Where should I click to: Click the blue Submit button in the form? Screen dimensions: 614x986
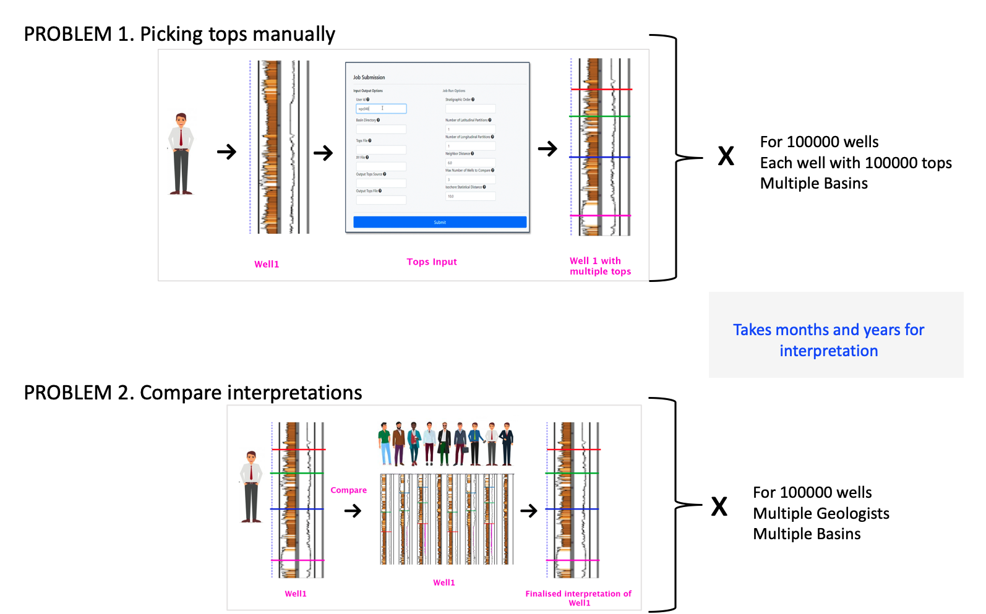click(x=440, y=222)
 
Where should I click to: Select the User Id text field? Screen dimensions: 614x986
click(x=381, y=109)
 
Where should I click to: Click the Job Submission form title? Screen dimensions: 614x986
click(x=369, y=77)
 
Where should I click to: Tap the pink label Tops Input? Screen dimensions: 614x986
click(x=432, y=262)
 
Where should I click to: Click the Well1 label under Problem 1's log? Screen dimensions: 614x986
click(x=267, y=264)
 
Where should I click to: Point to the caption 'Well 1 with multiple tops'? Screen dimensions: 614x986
click(x=600, y=266)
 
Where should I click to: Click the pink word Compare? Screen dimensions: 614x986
click(x=348, y=490)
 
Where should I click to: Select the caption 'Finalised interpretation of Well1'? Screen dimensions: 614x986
click(x=578, y=598)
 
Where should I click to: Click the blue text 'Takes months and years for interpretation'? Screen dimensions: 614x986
click(x=828, y=340)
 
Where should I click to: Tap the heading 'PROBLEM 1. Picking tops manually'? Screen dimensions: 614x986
click(x=179, y=34)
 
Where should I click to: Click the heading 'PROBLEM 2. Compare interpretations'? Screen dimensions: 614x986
click(x=193, y=393)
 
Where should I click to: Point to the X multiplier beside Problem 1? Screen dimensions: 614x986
click(x=726, y=156)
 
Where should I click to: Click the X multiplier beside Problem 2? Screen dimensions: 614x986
click(x=719, y=507)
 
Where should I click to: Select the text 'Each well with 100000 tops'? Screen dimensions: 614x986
click(x=855, y=163)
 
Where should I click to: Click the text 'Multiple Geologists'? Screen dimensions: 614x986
click(x=821, y=513)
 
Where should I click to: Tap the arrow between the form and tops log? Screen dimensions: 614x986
click(x=547, y=148)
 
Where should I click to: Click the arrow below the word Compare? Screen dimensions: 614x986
click(x=353, y=511)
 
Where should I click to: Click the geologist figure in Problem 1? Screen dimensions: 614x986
click(x=181, y=153)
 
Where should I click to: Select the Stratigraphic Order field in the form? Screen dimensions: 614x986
click(x=470, y=109)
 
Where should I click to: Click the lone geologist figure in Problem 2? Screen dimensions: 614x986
click(x=251, y=487)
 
